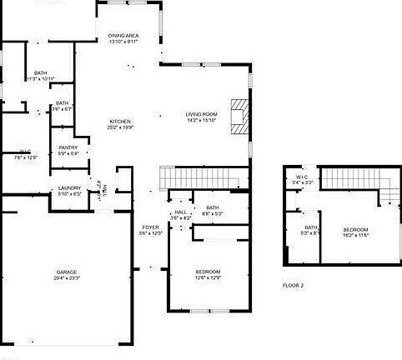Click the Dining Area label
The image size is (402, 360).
[123, 36]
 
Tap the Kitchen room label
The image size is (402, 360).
[120, 122]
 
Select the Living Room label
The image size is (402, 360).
[201, 114]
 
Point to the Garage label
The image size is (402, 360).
[67, 272]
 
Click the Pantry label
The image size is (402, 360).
[68, 148]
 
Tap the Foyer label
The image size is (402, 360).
[151, 227]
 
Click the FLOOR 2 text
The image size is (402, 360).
[293, 286]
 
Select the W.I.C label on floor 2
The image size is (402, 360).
[303, 177]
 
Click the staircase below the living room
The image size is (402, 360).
[204, 177]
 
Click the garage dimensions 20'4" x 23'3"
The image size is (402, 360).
[67, 278]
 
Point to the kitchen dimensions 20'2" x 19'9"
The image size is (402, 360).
[120, 127]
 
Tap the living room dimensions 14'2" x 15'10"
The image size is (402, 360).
[201, 120]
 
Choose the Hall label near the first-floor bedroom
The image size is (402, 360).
[179, 212]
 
